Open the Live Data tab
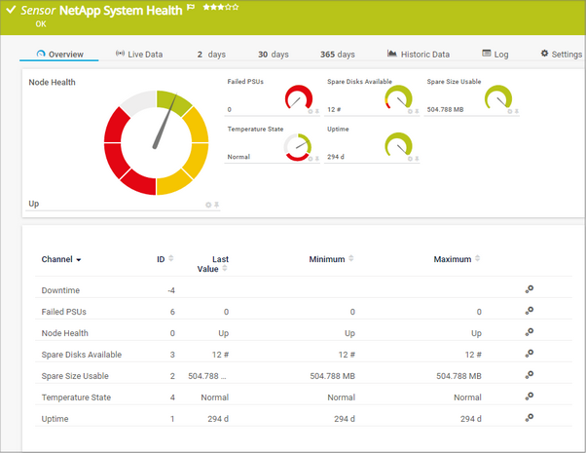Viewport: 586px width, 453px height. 139,55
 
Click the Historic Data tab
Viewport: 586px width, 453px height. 419,55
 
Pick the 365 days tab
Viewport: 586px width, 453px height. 337,55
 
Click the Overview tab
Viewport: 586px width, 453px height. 59,55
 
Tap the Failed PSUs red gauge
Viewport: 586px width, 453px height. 298,98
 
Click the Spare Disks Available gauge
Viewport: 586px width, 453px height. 398,98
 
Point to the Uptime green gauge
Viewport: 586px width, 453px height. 398,145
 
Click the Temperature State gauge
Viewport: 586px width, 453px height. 298,146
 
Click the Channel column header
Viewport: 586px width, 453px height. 60,260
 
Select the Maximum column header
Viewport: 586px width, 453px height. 454,260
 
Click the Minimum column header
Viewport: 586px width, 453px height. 327,260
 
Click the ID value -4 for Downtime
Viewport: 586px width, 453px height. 170,290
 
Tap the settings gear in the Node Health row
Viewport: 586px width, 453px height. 530,332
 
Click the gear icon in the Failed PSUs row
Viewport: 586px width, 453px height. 530,311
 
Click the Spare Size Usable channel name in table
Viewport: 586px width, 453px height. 74,375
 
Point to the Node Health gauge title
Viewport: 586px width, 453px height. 53,83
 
